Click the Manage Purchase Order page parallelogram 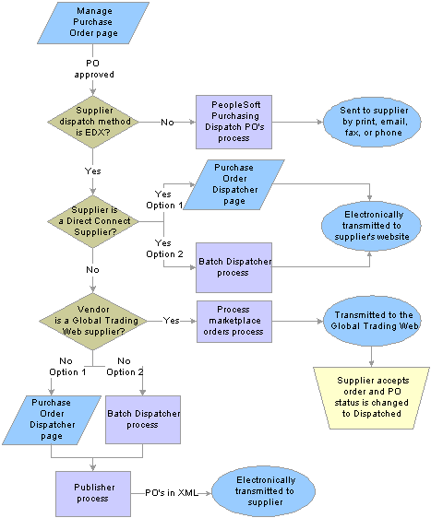point(93,23)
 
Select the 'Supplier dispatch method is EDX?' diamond point(93,122)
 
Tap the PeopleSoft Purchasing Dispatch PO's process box point(233,122)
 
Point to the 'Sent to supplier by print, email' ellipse point(372,122)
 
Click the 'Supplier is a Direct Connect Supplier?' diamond point(93,221)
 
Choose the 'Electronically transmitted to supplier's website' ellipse point(371,226)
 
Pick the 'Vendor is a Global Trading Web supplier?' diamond point(93,321)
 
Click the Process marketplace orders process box point(234,321)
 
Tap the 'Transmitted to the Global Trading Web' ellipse point(372,321)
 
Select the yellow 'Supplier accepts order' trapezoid point(371,398)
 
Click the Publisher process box point(93,493)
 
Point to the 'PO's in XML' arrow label point(172,493)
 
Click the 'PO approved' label point(93,69)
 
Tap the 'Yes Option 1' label point(164,199)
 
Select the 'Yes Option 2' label point(164,249)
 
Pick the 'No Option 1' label point(67,366)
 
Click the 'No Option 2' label point(125,366)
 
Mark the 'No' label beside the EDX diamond point(167,123)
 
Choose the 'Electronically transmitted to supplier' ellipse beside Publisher point(263,491)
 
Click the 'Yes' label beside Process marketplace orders point(171,321)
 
